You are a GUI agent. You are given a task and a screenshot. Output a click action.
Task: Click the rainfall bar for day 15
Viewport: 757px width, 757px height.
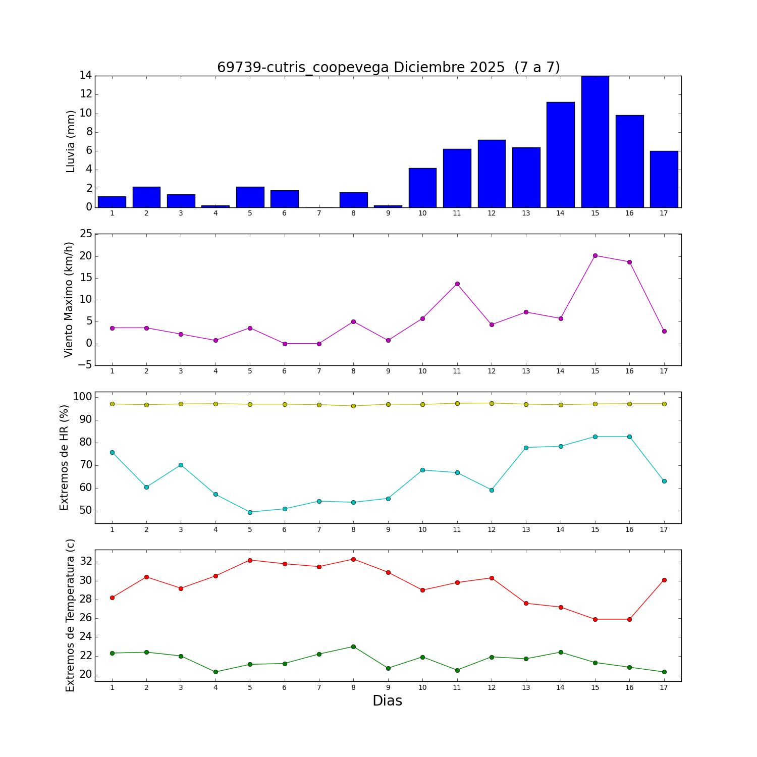(595, 141)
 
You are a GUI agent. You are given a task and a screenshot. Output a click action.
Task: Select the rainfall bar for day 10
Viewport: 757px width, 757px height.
(422, 188)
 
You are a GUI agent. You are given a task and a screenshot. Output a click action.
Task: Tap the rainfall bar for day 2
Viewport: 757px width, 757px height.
(146, 197)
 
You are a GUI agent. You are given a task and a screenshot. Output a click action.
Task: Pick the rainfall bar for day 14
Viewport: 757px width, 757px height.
(560, 154)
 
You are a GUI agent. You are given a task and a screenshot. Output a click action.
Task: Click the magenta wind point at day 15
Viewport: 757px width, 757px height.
(595, 255)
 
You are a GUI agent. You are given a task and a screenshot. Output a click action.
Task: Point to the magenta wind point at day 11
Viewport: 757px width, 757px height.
(457, 284)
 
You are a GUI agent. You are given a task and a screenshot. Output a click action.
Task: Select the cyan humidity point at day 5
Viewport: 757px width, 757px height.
(250, 512)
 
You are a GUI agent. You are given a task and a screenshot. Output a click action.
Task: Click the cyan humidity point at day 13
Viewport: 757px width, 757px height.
(526, 448)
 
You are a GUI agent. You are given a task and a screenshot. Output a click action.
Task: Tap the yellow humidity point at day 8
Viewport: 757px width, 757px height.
(353, 406)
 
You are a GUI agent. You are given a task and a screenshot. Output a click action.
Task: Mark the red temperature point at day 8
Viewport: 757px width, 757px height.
(353, 559)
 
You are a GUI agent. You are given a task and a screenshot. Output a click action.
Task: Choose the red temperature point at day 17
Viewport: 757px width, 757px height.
(664, 580)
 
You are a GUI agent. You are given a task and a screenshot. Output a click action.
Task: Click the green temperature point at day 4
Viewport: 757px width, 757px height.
(215, 672)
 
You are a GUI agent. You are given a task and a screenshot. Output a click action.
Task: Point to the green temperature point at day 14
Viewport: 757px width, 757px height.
(561, 652)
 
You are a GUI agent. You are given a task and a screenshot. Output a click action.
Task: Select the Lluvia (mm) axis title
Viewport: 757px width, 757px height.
(71, 141)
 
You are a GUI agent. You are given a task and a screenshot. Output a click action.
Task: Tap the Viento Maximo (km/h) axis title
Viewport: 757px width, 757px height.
(69, 299)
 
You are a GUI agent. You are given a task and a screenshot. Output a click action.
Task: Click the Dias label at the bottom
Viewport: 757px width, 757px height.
(387, 701)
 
